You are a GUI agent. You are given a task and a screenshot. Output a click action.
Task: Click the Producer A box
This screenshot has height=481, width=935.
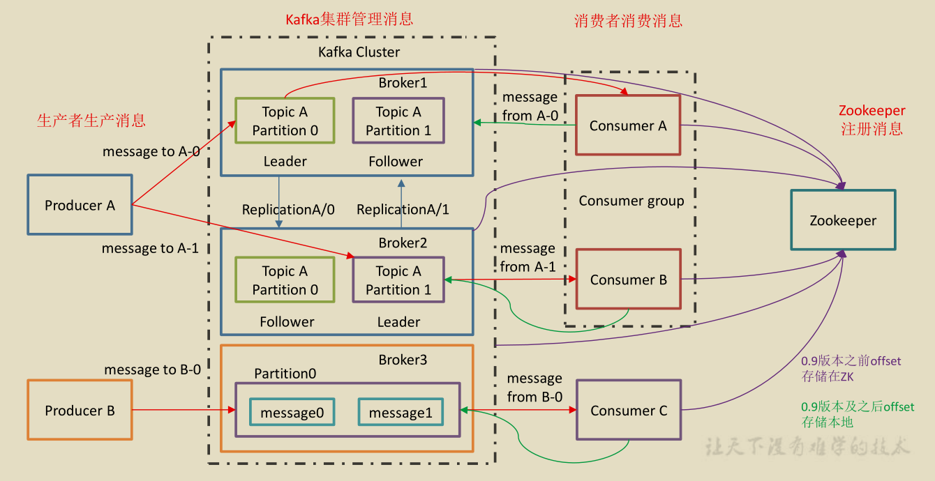click(80, 205)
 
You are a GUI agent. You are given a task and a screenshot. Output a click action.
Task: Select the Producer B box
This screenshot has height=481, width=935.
click(80, 411)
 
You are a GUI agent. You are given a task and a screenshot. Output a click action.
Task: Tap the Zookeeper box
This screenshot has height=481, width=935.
click(843, 220)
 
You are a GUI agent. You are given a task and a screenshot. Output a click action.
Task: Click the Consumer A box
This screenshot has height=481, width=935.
click(628, 125)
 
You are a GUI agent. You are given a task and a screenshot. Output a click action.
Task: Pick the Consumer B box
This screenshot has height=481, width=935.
click(628, 280)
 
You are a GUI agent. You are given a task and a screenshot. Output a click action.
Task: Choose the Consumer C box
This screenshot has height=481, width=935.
click(629, 411)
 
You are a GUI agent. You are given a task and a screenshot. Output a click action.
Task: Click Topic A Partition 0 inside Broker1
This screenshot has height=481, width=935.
click(285, 121)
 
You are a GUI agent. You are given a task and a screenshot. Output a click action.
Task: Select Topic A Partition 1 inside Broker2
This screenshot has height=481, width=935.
click(398, 280)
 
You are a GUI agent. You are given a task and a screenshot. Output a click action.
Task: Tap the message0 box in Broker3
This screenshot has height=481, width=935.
click(292, 413)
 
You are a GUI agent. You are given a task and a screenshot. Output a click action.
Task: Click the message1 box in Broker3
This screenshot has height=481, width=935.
click(401, 413)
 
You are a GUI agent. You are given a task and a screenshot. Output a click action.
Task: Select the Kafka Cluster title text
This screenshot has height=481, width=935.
click(359, 52)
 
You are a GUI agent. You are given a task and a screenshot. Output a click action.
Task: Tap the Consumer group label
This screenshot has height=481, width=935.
click(631, 201)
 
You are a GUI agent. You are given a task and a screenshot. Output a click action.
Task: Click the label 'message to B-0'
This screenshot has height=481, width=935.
click(152, 369)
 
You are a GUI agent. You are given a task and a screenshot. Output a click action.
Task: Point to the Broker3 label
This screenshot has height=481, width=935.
click(403, 360)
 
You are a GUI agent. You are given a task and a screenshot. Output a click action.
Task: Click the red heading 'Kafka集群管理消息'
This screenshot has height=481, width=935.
click(350, 20)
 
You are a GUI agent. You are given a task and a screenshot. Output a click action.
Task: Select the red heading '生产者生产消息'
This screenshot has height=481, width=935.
click(91, 121)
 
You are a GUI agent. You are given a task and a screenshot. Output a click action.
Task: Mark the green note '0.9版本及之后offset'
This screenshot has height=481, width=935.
click(858, 407)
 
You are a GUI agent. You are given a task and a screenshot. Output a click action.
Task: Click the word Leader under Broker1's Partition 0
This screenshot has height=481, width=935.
click(285, 162)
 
